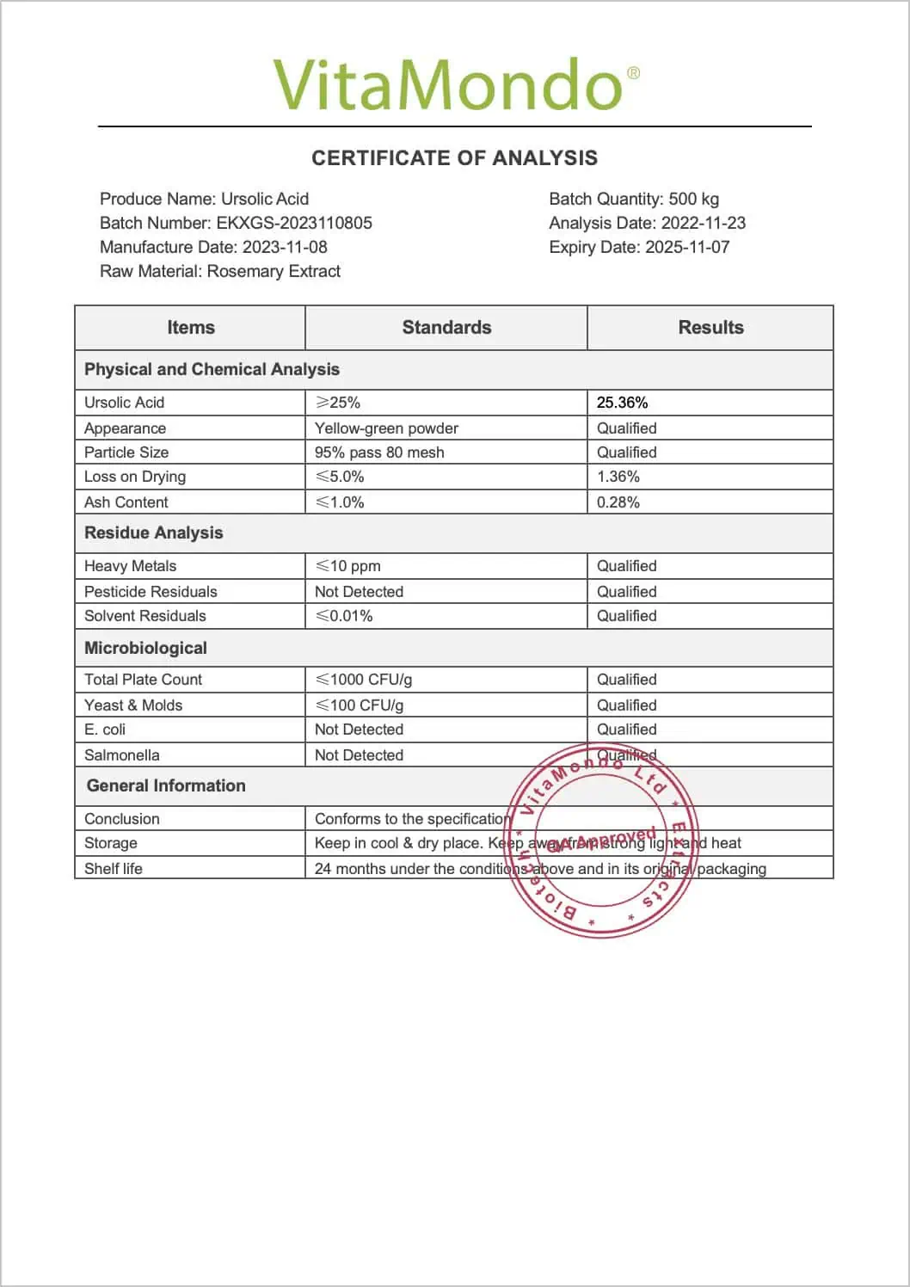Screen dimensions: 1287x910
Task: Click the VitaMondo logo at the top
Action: pos(455,84)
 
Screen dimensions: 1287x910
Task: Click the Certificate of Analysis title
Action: pos(454,158)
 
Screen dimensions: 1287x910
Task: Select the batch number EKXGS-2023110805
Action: pos(294,223)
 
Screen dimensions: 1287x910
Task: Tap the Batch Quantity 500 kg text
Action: pos(634,199)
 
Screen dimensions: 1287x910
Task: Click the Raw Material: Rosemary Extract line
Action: pos(220,271)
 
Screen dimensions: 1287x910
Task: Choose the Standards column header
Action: pos(446,328)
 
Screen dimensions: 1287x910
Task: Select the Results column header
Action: pos(710,328)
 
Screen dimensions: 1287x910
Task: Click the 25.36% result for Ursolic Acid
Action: pos(623,403)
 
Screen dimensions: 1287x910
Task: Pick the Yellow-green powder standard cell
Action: pos(386,428)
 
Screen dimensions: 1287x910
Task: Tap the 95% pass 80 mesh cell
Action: pos(379,453)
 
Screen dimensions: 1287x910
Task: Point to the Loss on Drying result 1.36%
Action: pos(618,477)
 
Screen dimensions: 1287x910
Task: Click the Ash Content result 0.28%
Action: pos(618,502)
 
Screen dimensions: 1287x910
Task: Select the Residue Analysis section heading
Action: pos(154,533)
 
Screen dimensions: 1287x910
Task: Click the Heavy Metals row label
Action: pos(131,566)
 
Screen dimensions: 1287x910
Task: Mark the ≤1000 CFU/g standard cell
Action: pos(364,680)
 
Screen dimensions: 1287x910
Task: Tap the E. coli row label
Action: pos(105,730)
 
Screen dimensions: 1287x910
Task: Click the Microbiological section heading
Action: pos(146,648)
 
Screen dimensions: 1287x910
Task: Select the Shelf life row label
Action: pos(114,869)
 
